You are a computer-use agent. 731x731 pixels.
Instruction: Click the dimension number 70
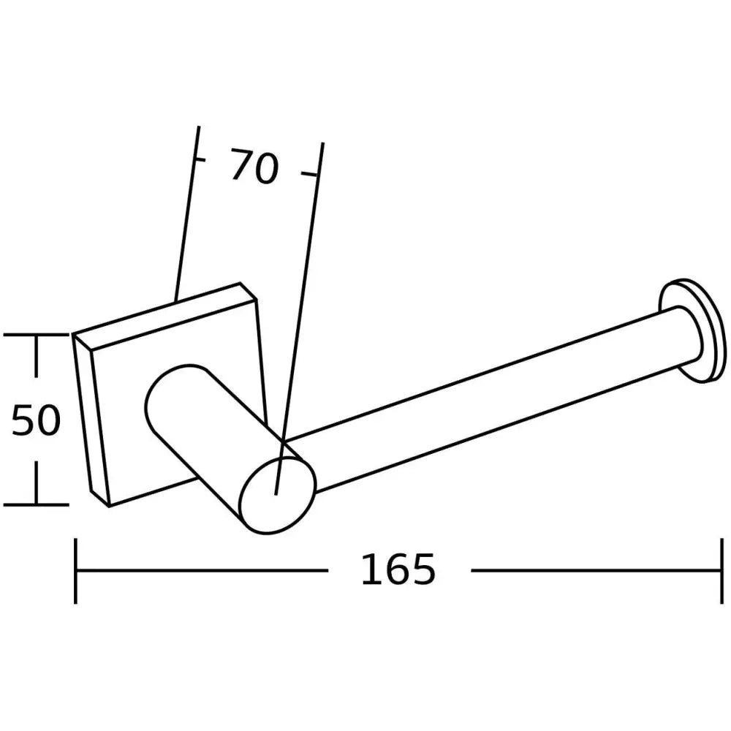click(x=254, y=166)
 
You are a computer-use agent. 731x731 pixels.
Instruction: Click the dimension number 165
click(x=398, y=569)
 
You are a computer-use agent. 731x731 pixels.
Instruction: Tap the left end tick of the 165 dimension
click(x=76, y=571)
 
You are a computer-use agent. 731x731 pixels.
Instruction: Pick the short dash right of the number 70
click(x=310, y=174)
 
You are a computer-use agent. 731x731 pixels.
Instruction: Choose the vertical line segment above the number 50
click(x=35, y=365)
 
